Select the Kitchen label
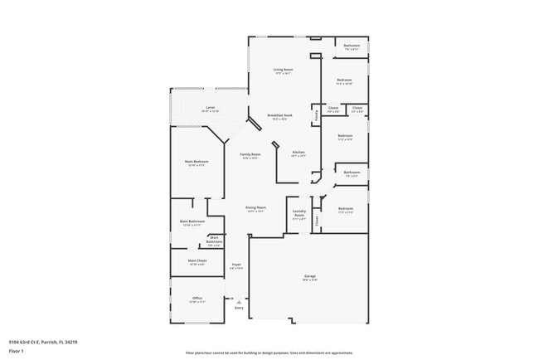click(299, 152)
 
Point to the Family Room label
click(250, 154)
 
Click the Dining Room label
click(255, 207)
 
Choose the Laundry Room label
click(299, 212)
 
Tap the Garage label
click(309, 275)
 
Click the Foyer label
click(236, 264)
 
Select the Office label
click(197, 298)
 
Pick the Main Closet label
click(197, 260)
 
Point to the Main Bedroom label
click(197, 161)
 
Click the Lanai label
click(210, 108)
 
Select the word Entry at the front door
click(239, 308)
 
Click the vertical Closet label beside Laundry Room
click(316, 221)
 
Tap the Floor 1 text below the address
click(17, 351)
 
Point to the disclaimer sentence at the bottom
click(269, 352)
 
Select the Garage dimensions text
click(309, 280)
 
